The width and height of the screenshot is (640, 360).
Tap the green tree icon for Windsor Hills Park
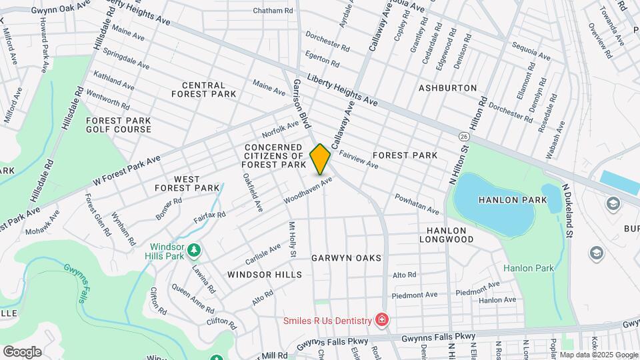pyautogui.click(x=194, y=250)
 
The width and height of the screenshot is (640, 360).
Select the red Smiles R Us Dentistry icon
pyautogui.click(x=381, y=321)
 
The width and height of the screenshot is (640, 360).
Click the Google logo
pyautogui.click(x=22, y=351)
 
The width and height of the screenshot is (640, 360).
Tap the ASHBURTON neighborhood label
pyautogui.click(x=447, y=88)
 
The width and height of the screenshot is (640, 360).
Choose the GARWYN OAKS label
pyautogui.click(x=346, y=258)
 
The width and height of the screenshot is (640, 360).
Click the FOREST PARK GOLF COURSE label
pyautogui.click(x=118, y=125)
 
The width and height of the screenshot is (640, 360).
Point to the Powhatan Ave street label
pyautogui.click(x=417, y=204)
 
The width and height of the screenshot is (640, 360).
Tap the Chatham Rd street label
pyautogui.click(x=273, y=11)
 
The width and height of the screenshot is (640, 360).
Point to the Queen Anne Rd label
pyautogui.click(x=193, y=299)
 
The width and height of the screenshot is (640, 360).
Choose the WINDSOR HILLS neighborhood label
pyautogui.click(x=264, y=275)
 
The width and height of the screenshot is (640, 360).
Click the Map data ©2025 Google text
pyautogui.click(x=598, y=355)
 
